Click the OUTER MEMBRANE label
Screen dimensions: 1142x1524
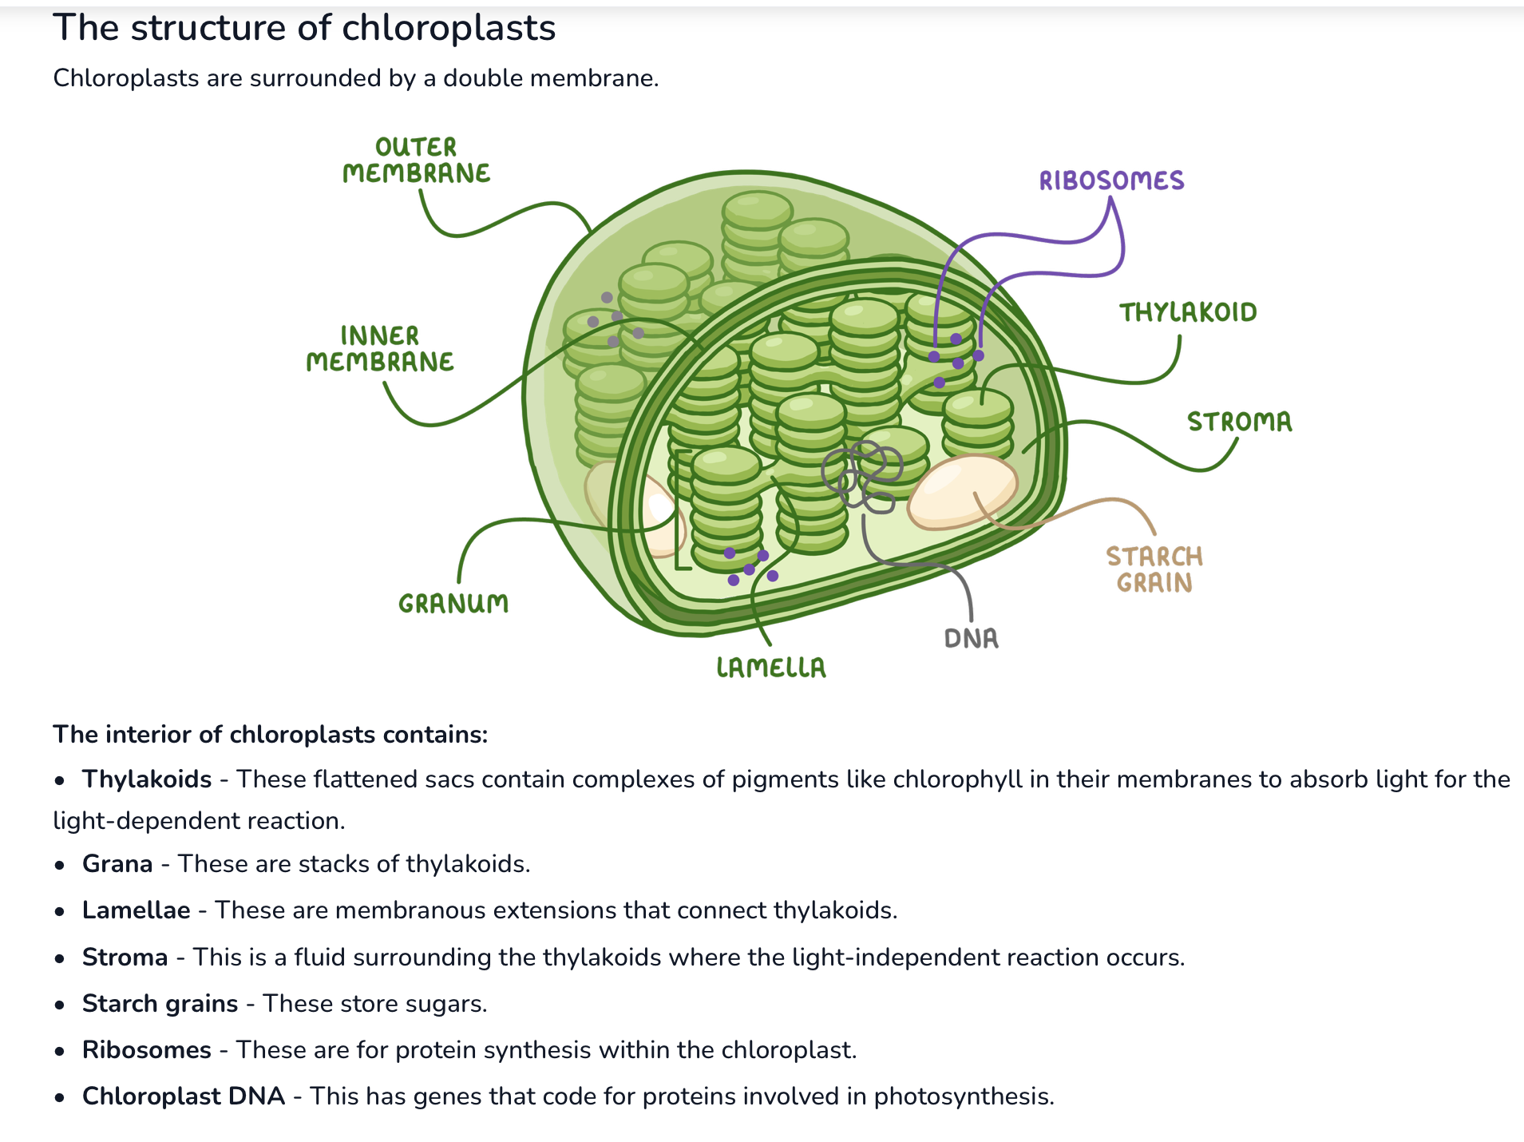pos(416,161)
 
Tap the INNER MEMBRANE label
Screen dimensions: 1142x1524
pos(380,349)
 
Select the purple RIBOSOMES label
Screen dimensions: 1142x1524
pos(1111,180)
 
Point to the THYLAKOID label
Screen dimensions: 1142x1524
pos(1188,312)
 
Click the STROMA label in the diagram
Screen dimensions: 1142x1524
pos(1239,422)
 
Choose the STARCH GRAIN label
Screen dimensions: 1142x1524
pos(1154,569)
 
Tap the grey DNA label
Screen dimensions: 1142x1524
pos(971,638)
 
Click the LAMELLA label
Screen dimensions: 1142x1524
pos(771,668)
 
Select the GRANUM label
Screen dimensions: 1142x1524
pos(453,604)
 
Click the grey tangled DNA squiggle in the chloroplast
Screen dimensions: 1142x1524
pos(862,476)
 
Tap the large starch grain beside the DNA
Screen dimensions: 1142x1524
pos(962,490)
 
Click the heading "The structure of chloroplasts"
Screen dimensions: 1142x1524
pos(304,28)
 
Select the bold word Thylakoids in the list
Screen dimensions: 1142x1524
pos(147,779)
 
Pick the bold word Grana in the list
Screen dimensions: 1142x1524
pos(117,864)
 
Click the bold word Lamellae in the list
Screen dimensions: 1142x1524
pos(137,910)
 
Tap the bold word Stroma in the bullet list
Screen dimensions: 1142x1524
pos(125,958)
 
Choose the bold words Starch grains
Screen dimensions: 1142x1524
pos(160,1004)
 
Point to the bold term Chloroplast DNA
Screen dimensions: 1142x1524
pos(184,1096)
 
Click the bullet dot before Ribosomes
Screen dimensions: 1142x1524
pos(59,1051)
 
